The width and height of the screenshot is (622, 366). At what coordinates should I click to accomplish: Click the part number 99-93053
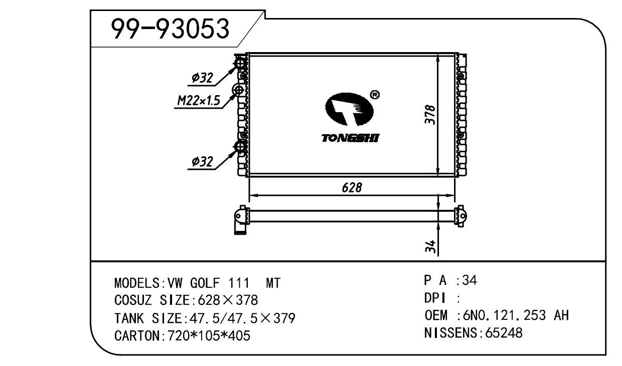point(170,29)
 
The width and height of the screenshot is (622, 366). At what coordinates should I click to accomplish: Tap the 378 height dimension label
point(430,115)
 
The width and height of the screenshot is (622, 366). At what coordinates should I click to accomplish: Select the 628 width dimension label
point(352,188)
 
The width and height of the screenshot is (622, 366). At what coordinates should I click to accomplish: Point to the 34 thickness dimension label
point(430,246)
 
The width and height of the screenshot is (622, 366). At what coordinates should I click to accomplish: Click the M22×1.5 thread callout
point(199,101)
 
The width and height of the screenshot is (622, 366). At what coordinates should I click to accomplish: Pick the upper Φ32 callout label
point(202,78)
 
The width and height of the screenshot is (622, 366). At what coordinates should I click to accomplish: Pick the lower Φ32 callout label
point(202,162)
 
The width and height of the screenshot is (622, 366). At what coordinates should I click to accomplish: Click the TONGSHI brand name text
point(351,138)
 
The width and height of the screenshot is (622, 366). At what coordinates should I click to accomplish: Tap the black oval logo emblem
point(349,109)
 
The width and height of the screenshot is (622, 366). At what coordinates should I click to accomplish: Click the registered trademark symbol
point(375,95)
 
